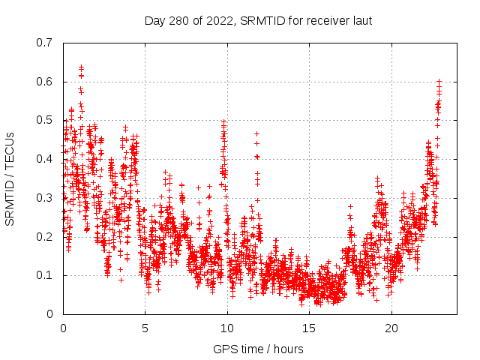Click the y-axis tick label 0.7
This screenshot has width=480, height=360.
tap(47, 43)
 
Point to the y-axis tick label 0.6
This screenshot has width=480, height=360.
tap(47, 82)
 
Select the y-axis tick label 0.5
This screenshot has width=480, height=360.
tap(47, 120)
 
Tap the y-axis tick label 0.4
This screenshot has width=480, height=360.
tap(47, 159)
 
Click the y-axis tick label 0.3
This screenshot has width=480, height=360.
tap(47, 198)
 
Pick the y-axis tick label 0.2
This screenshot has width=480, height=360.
tap(47, 236)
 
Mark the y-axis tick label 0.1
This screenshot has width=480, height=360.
tap(47, 275)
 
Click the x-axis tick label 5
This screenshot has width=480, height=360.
tap(145, 328)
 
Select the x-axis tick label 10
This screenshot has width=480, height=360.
tap(227, 328)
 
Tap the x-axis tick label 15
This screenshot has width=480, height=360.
tap(309, 328)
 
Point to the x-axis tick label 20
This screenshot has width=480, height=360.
tap(391, 328)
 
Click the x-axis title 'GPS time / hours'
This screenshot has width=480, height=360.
tap(258, 349)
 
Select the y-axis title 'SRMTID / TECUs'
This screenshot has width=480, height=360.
tap(10, 178)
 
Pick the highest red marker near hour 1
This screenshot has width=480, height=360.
tap(81, 67)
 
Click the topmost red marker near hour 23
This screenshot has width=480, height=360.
tap(439, 81)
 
